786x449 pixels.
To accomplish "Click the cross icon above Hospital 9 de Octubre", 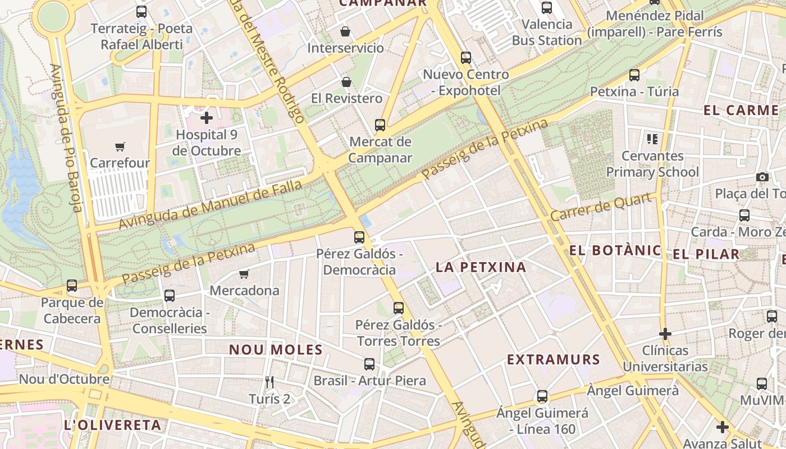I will [207, 118].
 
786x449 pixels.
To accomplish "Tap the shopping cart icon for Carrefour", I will [120, 147].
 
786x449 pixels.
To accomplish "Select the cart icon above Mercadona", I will [244, 274].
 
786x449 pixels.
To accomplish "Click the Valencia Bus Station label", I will [546, 33].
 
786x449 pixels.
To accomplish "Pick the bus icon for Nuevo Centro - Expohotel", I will [465, 57].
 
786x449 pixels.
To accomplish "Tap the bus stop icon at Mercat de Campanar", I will [380, 125].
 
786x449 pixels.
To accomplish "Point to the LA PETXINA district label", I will [481, 267].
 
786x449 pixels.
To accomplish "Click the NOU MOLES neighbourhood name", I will [276, 350].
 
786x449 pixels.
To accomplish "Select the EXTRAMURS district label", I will [554, 359].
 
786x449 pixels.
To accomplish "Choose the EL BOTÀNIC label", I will [615, 250].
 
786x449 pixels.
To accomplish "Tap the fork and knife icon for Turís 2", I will [269, 382].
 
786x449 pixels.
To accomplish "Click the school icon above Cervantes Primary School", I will [652, 139].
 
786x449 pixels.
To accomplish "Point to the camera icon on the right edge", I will [762, 177].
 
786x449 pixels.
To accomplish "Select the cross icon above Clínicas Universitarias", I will [665, 334].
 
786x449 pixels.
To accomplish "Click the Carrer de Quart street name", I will [602, 207].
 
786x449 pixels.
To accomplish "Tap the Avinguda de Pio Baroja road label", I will [66, 138].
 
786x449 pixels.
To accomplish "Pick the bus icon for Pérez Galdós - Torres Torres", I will [398, 308].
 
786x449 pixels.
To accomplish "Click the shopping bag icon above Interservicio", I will [345, 31].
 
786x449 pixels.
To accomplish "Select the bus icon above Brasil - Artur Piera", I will [369, 364].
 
